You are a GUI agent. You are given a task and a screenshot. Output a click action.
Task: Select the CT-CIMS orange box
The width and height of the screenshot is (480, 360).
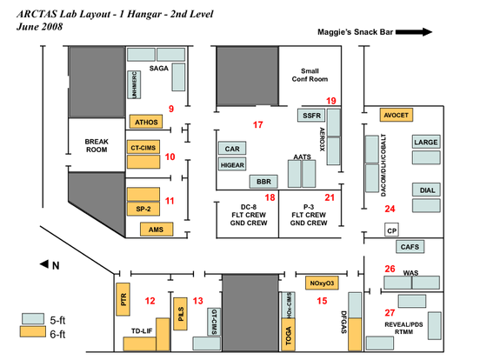click(145, 148)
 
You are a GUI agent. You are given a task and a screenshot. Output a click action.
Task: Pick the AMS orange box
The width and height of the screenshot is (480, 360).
click(156, 230)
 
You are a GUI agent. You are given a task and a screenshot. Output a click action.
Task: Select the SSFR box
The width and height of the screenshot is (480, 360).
click(311, 115)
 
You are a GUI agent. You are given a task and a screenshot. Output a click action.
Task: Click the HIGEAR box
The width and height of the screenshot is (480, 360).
click(231, 164)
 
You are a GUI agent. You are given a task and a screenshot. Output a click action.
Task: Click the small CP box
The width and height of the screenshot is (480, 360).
click(391, 230)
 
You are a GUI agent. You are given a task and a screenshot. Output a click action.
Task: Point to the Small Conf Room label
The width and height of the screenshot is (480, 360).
click(310, 76)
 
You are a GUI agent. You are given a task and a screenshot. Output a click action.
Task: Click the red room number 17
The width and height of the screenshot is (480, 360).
click(257, 126)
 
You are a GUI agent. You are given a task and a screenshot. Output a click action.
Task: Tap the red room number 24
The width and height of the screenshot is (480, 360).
click(390, 209)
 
